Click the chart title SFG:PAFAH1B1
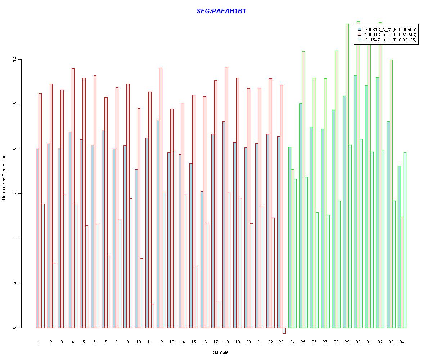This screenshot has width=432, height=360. pyautogui.click(x=221, y=11)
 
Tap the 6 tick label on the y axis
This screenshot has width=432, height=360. pyautogui.click(x=14, y=194)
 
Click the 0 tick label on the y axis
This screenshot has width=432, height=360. pyautogui.click(x=14, y=328)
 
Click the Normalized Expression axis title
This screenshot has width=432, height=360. pyautogui.click(x=4, y=177)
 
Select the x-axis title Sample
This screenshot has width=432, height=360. pyautogui.click(x=221, y=352)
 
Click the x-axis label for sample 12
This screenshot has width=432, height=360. pyautogui.click(x=160, y=342)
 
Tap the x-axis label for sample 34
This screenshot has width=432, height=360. pyautogui.click(x=402, y=342)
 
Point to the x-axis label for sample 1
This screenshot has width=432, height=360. pyautogui.click(x=40, y=342)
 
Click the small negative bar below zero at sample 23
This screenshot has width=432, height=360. pyautogui.click(x=284, y=330)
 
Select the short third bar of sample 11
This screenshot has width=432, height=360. pyautogui.click(x=152, y=316)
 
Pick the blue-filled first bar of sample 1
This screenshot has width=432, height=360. pyautogui.click(x=37, y=238)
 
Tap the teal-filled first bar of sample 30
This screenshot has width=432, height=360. pyautogui.click(x=355, y=202)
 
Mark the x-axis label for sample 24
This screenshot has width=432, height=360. pyautogui.click(x=292, y=342)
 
